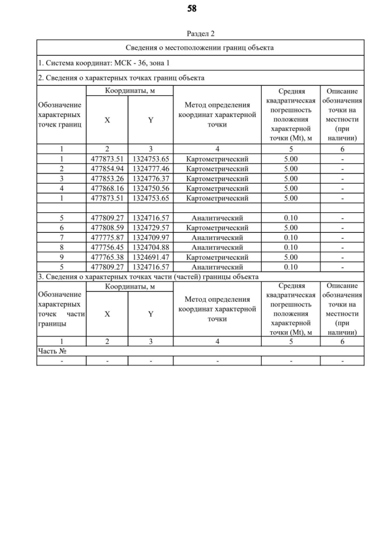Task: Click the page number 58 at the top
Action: pyautogui.click(x=192, y=8)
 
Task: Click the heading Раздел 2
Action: pyautogui.click(x=200, y=34)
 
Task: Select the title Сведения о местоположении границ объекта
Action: pyautogui.click(x=200, y=47)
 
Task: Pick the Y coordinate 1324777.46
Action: pyautogui.click(x=151, y=169)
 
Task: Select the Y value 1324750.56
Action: pyautogui.click(x=151, y=188)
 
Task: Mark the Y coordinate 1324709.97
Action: pyautogui.click(x=151, y=237)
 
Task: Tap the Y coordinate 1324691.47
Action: pyautogui.click(x=151, y=257)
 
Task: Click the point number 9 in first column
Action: pyautogui.click(x=62, y=257)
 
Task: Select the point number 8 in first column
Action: pyautogui.click(x=62, y=247)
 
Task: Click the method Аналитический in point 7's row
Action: pyautogui.click(x=217, y=237)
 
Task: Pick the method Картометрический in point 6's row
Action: pyautogui.click(x=217, y=227)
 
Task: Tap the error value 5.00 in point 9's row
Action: pyautogui.click(x=290, y=257)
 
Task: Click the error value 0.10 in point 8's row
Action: pyautogui.click(x=290, y=247)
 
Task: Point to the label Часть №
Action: pyautogui.click(x=52, y=351)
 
